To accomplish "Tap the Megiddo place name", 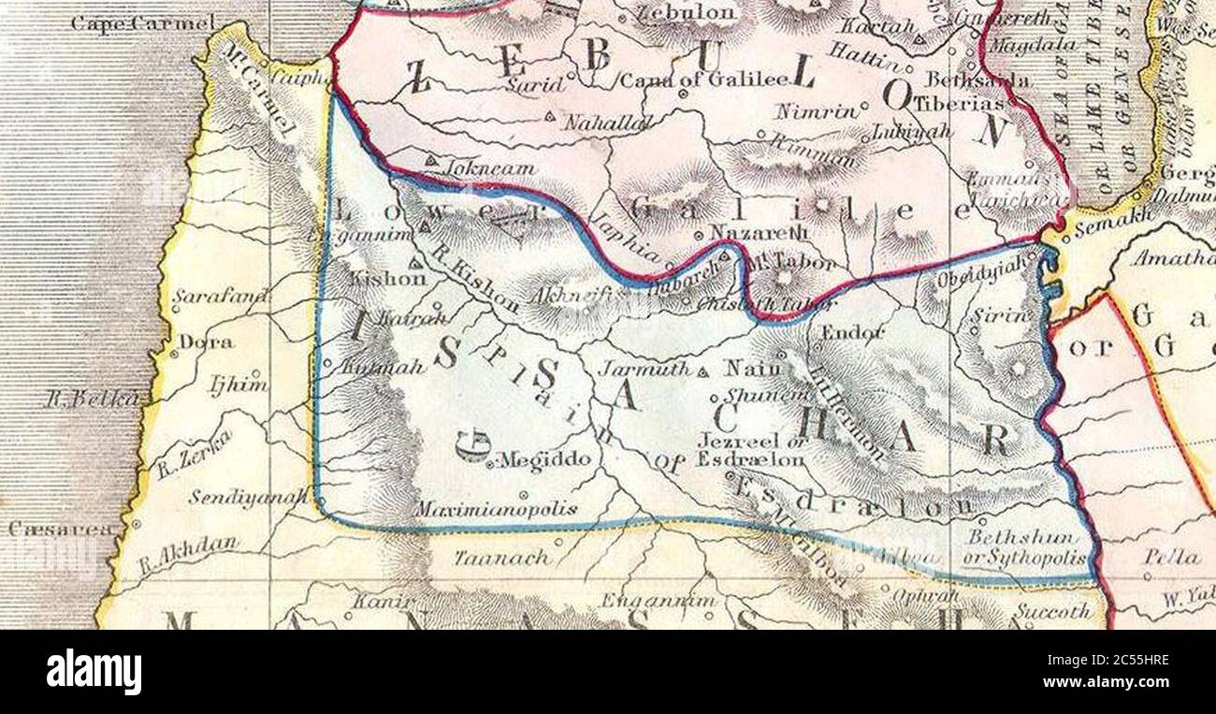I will coord(545,459).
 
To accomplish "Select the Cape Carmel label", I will coord(142,22).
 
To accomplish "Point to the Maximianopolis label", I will coord(496,510).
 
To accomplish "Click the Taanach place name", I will coord(489,558).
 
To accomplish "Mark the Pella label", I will coord(1171,557).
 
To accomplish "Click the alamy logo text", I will coord(94,672).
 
